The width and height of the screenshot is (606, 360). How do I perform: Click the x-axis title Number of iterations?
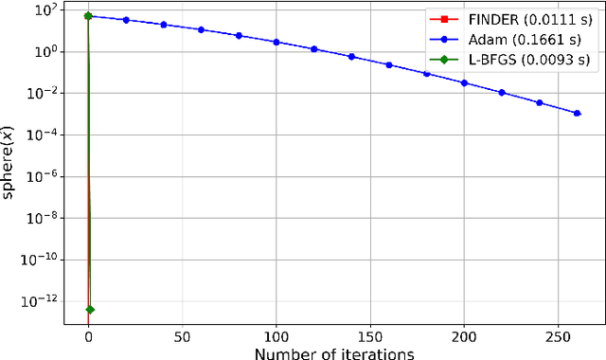click(x=333, y=354)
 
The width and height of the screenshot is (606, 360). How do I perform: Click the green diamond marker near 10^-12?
click(x=89, y=310)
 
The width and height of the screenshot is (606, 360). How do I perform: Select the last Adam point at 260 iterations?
click(x=577, y=113)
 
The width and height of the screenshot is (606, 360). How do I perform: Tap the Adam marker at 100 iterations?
click(x=276, y=42)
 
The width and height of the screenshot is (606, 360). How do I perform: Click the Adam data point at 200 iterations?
click(x=464, y=82)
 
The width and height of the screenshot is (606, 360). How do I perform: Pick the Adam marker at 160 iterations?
click(x=389, y=64)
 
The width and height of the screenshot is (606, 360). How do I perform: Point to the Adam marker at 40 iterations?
click(x=164, y=24)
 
